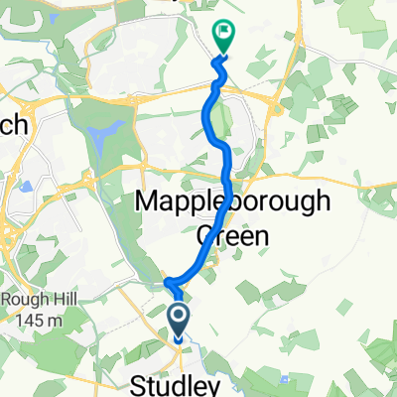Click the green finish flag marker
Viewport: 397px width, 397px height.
coord(223,39)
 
